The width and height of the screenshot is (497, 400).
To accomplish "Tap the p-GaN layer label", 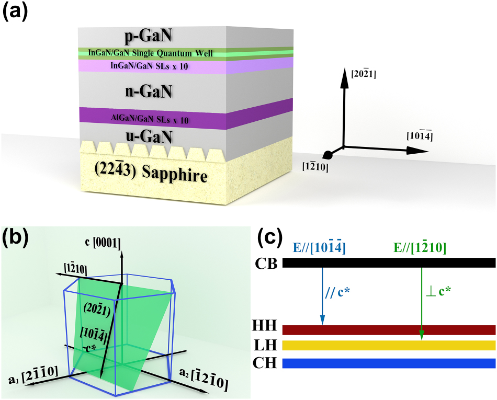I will pos(149,37).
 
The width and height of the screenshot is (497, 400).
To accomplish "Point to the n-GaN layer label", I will pos(150,92).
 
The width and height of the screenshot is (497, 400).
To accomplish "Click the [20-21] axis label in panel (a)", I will pos(365,74).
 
